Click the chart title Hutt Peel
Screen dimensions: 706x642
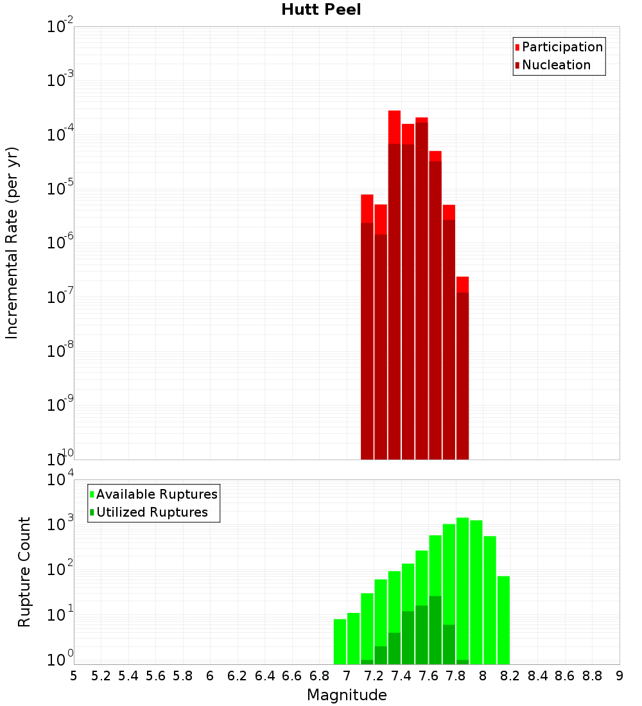pyautogui.click(x=321, y=10)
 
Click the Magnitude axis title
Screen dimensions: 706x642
pyautogui.click(x=347, y=695)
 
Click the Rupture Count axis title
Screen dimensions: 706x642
pyautogui.click(x=24, y=572)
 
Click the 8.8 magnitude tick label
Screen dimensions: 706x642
pyautogui.click(x=593, y=676)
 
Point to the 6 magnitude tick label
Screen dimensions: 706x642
pyautogui.click(x=210, y=676)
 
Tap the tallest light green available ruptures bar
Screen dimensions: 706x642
pyautogui.click(x=462, y=578)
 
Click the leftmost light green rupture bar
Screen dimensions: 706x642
pyautogui.click(x=340, y=642)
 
